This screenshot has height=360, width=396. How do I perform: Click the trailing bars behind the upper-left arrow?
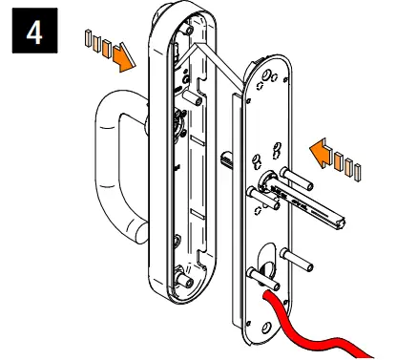(x=95, y=44)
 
